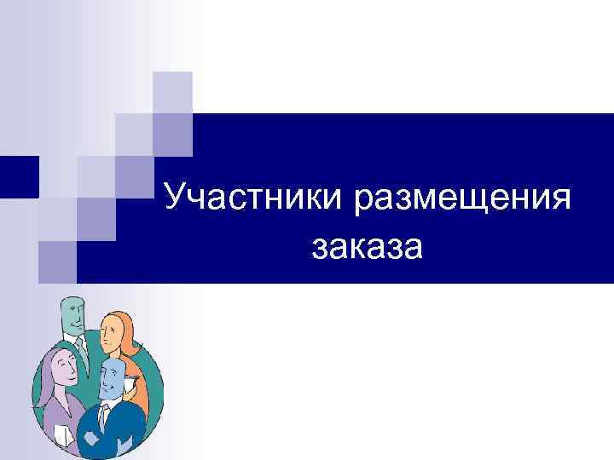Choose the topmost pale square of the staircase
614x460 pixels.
coord(173,91)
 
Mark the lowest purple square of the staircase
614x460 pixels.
coord(57,261)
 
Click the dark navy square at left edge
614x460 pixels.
coord(19,177)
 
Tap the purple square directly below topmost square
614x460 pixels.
coord(173,134)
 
